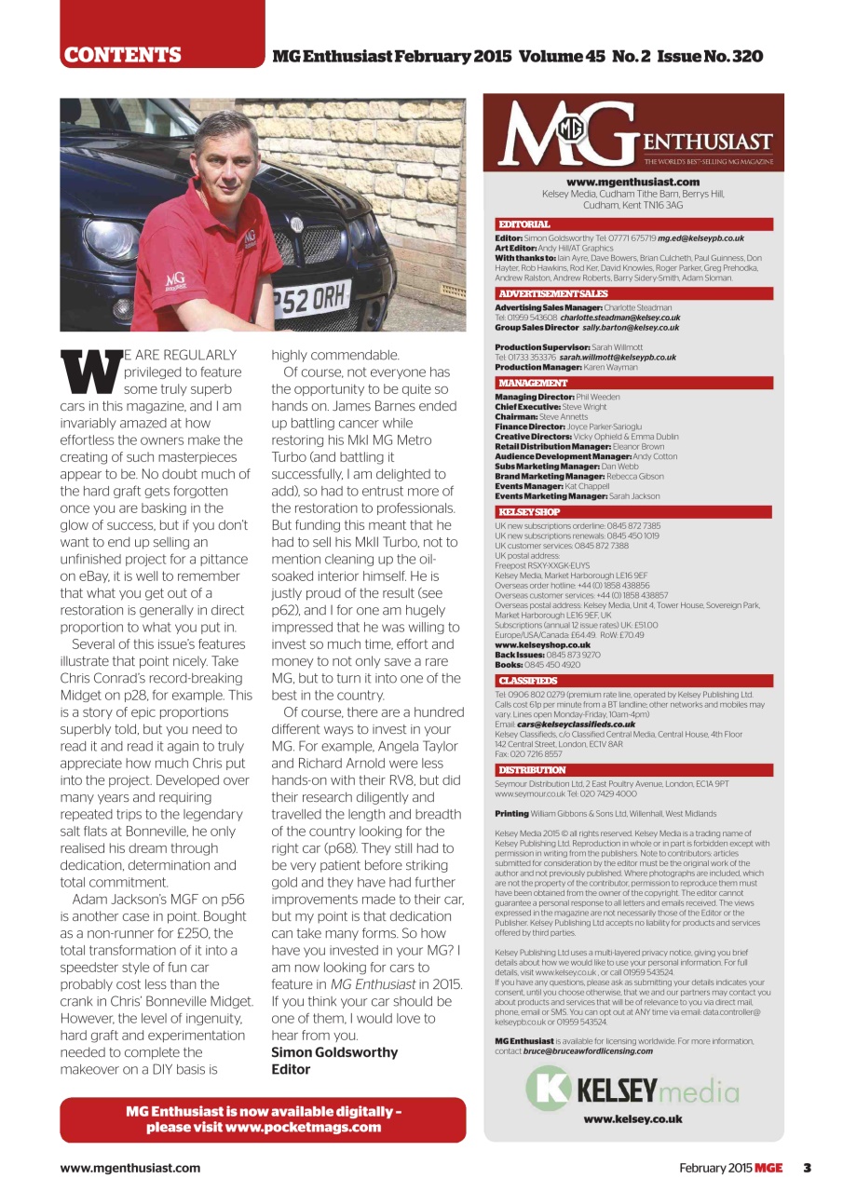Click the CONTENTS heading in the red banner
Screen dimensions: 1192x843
[x=122, y=55]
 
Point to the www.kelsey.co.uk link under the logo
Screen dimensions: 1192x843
[x=633, y=1119]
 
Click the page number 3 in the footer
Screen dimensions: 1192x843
[x=808, y=1168]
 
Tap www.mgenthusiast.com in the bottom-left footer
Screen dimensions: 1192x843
[x=130, y=1168]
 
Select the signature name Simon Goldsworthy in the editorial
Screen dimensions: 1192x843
[x=334, y=1052]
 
